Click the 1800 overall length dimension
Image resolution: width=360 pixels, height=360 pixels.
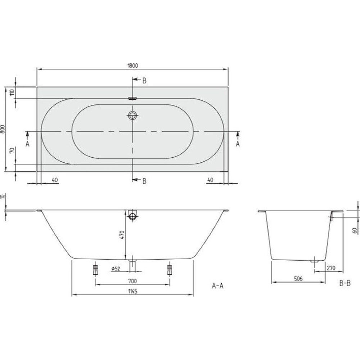(x=133, y=66)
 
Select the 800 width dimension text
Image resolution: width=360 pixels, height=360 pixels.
(x=3, y=129)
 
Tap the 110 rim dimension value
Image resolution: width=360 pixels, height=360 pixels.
(x=12, y=92)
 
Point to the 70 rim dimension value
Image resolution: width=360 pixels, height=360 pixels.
(x=12, y=150)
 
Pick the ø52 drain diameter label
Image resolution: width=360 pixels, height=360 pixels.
(x=115, y=269)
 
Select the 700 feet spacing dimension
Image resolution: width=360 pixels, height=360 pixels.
(x=132, y=281)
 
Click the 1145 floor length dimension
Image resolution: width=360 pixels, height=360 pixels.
(x=132, y=291)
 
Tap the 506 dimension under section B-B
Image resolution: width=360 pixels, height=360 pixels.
(x=298, y=279)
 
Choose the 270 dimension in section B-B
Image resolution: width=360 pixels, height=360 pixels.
(x=331, y=268)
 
